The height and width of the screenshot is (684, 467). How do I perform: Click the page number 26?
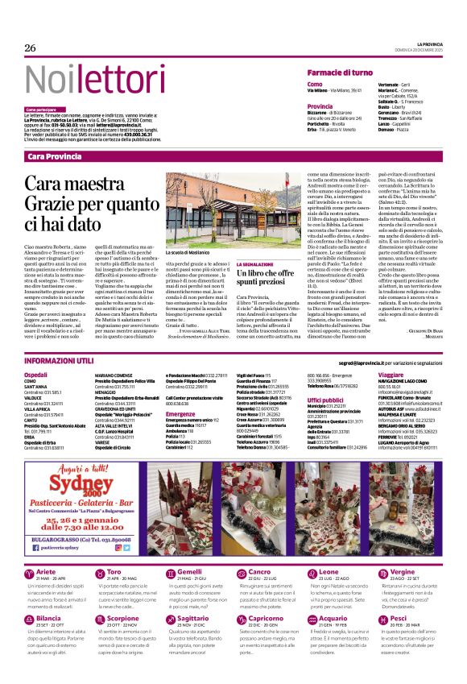point(31,48)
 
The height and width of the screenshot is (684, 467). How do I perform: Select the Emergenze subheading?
point(182,414)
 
